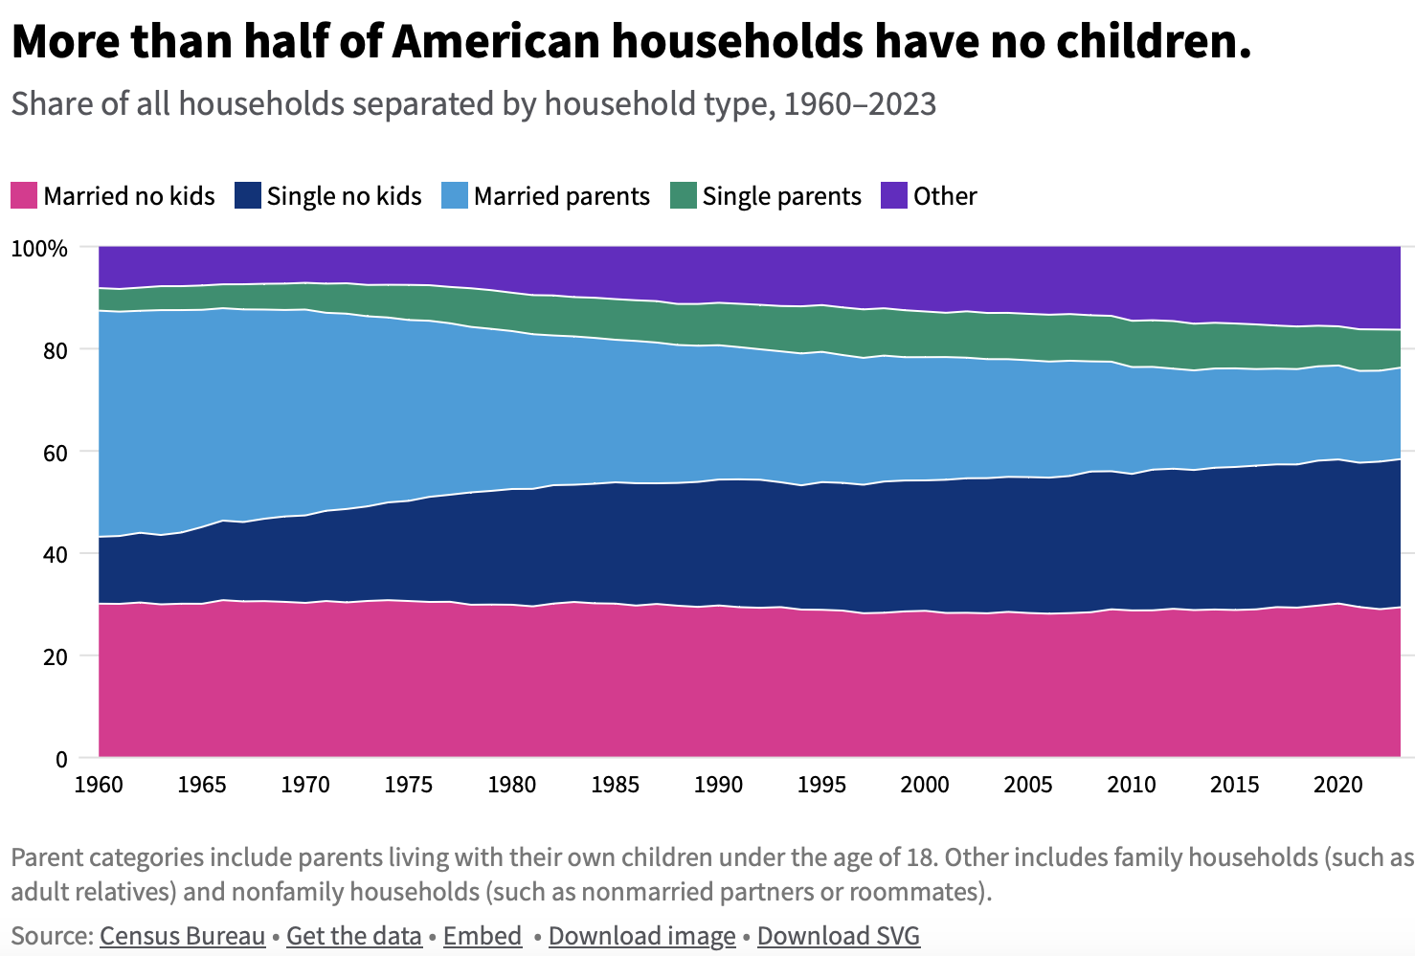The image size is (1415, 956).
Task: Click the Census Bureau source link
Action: click(182, 935)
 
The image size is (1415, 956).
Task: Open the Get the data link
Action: click(353, 935)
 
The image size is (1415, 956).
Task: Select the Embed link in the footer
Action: click(483, 935)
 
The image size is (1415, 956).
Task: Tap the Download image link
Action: click(641, 935)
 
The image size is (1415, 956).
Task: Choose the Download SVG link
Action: click(838, 935)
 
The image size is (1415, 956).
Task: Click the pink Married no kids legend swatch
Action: click(24, 196)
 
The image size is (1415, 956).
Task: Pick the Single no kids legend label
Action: click(344, 196)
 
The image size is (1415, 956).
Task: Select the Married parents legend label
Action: click(561, 196)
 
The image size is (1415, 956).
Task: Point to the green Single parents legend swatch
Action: click(684, 196)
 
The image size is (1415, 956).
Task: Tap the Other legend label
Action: click(944, 196)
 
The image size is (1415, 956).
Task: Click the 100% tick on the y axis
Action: click(39, 249)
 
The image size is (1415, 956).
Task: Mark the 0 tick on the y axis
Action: click(61, 760)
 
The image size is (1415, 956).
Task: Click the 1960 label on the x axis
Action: click(99, 785)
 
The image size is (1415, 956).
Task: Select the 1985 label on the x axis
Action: click(615, 785)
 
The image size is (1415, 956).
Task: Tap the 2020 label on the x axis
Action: click(1337, 785)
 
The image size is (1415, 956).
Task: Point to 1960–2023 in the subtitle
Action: click(859, 103)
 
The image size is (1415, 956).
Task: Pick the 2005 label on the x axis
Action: click(1028, 785)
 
